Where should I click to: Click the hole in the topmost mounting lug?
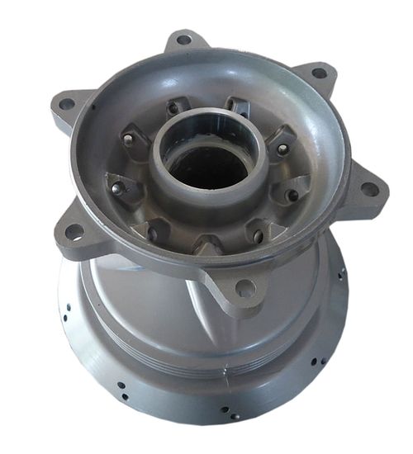[184, 39]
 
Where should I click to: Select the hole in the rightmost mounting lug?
[370, 189]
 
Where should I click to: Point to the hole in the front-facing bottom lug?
[244, 288]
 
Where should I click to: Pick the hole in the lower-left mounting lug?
[74, 232]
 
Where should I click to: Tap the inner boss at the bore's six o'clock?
[206, 245]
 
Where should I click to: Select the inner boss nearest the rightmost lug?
[293, 192]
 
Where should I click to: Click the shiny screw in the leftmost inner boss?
[116, 187]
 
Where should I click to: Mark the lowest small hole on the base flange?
[235, 417]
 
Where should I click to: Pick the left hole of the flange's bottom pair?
[224, 409]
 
